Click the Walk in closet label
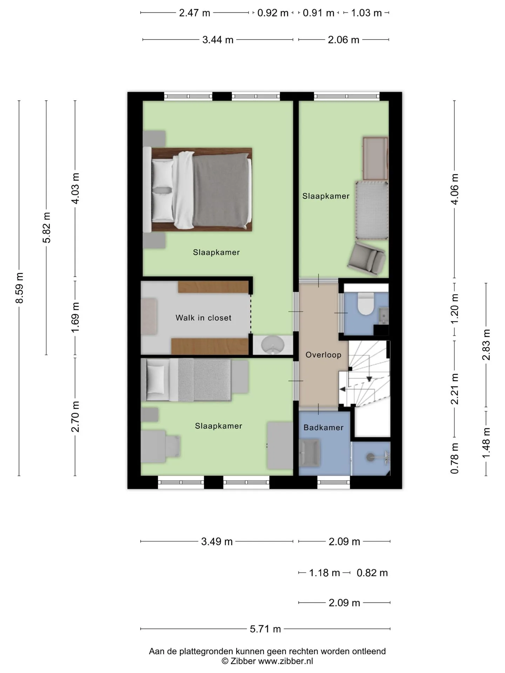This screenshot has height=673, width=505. [203, 318]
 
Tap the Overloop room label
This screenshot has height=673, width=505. [323, 355]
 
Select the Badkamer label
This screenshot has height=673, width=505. [323, 427]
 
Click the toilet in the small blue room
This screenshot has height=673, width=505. [365, 304]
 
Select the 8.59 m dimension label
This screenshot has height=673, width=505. [20, 288]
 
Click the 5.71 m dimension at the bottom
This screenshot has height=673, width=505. [265, 629]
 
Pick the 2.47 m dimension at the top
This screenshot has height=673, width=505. [195, 13]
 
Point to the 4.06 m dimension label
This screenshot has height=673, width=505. [454, 189]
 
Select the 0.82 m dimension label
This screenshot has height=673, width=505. [372, 573]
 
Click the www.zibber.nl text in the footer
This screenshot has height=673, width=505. [285, 661]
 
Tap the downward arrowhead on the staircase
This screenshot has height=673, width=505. [369, 379]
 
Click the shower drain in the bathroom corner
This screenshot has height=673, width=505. [370, 457]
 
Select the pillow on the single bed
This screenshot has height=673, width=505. [156, 379]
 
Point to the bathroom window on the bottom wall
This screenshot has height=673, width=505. [334, 482]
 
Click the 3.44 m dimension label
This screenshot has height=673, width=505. [218, 40]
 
